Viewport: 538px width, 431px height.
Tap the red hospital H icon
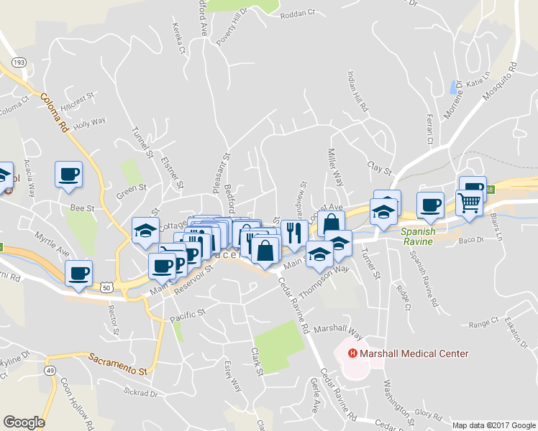(x=353, y=353)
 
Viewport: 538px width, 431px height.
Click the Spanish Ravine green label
(x=416, y=236)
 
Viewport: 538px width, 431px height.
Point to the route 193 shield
(x=19, y=63)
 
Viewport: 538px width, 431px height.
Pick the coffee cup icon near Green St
(x=68, y=174)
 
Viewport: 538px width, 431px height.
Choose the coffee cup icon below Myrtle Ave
(x=78, y=273)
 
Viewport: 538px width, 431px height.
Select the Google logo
(x=24, y=422)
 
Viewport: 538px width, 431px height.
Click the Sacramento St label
(x=118, y=363)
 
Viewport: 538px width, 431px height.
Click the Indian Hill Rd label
(x=357, y=91)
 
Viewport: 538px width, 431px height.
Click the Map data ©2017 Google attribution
(x=493, y=425)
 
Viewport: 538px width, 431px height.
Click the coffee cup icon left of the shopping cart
(x=430, y=205)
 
